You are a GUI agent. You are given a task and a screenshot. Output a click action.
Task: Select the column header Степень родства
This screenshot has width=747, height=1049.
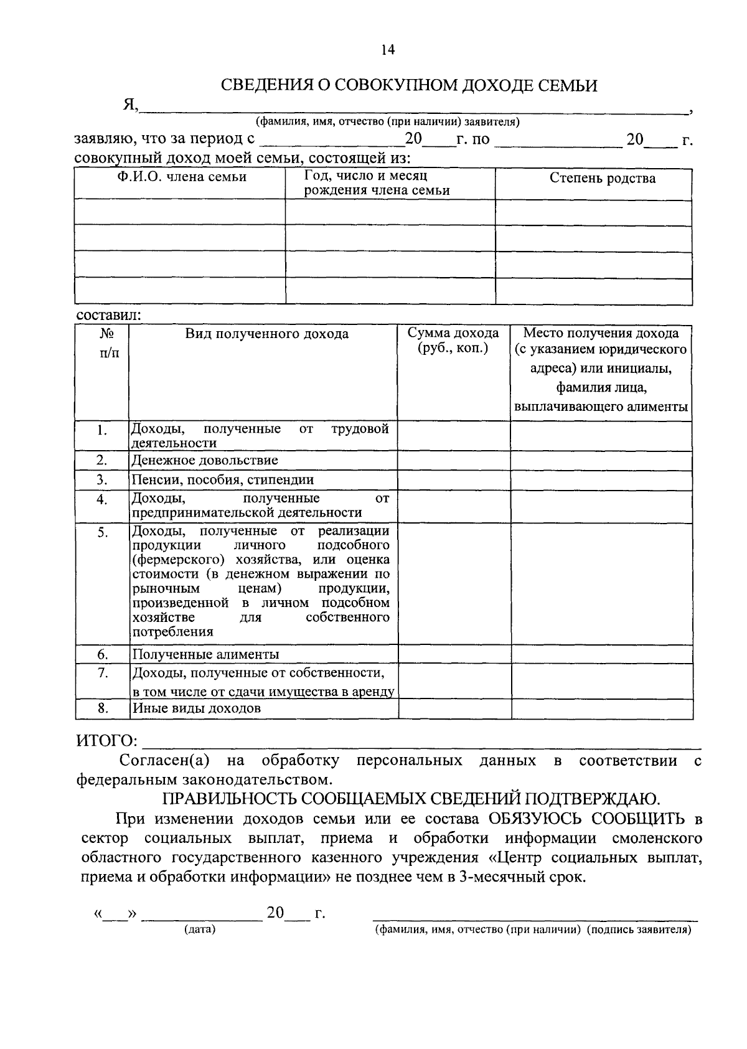[x=602, y=179]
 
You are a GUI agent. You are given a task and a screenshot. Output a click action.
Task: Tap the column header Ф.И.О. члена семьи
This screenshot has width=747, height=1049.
[x=182, y=177]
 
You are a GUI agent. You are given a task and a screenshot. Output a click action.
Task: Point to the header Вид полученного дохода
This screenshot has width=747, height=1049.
[x=266, y=334]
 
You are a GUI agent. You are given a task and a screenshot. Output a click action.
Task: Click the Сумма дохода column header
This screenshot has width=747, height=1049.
[x=453, y=341]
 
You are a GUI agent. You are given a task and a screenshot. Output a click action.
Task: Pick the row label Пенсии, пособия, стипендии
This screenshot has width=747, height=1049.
[x=222, y=480]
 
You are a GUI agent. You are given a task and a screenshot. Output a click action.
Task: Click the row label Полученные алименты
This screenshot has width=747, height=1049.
[x=205, y=654]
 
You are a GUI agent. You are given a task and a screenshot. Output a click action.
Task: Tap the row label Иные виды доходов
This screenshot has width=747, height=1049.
[x=196, y=708]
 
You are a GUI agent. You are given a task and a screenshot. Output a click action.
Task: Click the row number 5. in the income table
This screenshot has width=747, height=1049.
[x=102, y=533]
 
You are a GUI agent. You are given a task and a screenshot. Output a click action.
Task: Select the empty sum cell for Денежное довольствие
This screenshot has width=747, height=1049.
[x=454, y=461]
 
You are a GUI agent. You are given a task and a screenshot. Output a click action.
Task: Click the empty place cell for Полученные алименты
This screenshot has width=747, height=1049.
[x=601, y=654]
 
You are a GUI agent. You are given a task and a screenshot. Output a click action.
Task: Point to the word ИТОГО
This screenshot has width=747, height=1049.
[x=106, y=741]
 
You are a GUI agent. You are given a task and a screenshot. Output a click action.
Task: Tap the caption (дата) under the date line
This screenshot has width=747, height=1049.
[x=199, y=930]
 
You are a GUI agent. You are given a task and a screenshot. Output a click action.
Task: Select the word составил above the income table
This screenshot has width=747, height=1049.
[x=108, y=316]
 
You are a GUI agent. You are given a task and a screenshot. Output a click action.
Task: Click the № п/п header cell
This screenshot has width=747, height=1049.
[x=106, y=344]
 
